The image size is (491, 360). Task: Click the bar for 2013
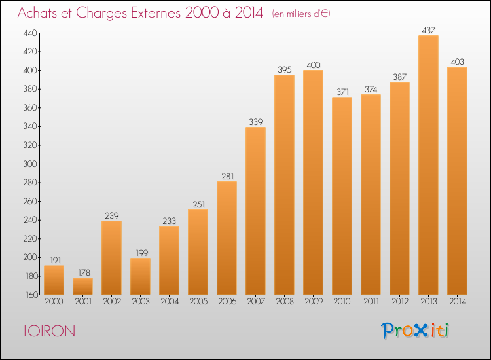click(x=428, y=165)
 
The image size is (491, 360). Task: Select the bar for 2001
click(x=82, y=286)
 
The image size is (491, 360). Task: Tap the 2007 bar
click(x=255, y=211)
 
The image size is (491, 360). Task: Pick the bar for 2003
click(x=140, y=276)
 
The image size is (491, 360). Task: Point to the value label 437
click(x=428, y=30)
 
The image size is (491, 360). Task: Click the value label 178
click(x=84, y=273)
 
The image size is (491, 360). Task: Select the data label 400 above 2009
click(x=314, y=65)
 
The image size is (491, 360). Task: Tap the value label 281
click(x=228, y=177)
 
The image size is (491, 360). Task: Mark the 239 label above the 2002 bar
click(x=112, y=216)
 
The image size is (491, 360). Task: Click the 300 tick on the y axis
click(x=30, y=164)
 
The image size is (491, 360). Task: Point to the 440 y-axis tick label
click(x=30, y=33)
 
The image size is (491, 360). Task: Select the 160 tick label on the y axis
click(x=31, y=295)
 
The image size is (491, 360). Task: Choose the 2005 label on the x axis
click(x=198, y=302)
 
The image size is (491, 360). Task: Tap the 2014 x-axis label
click(x=458, y=302)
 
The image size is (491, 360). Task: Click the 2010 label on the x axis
click(x=342, y=302)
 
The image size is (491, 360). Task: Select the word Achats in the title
click(x=37, y=13)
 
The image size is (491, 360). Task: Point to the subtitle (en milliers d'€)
click(x=301, y=14)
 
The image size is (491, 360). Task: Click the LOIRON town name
click(x=50, y=331)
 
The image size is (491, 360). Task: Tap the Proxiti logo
click(x=415, y=331)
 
